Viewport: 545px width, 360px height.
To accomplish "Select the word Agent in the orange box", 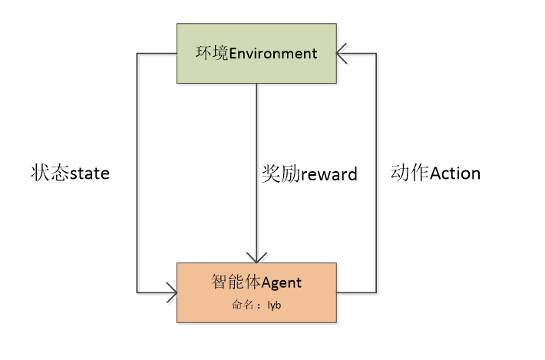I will pyautogui.click(x=282, y=283).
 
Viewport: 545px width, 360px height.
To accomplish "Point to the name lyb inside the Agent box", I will pyautogui.click(x=274, y=306).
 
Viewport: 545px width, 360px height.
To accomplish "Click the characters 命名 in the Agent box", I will pyautogui.click(x=243, y=306).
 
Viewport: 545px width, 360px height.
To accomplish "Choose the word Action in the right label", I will pyautogui.click(x=455, y=173).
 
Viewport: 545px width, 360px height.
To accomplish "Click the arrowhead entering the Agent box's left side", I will pyautogui.click(x=170, y=292).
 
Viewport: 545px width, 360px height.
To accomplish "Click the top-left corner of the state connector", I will pyautogui.click(x=137, y=54).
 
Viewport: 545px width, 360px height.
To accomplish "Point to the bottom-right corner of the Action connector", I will pyautogui.click(x=376, y=292).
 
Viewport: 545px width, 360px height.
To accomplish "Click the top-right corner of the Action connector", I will pyautogui.click(x=376, y=54).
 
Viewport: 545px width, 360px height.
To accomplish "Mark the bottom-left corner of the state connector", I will pyautogui.click(x=137, y=292).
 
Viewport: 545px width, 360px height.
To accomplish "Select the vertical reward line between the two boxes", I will pyautogui.click(x=256, y=138).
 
